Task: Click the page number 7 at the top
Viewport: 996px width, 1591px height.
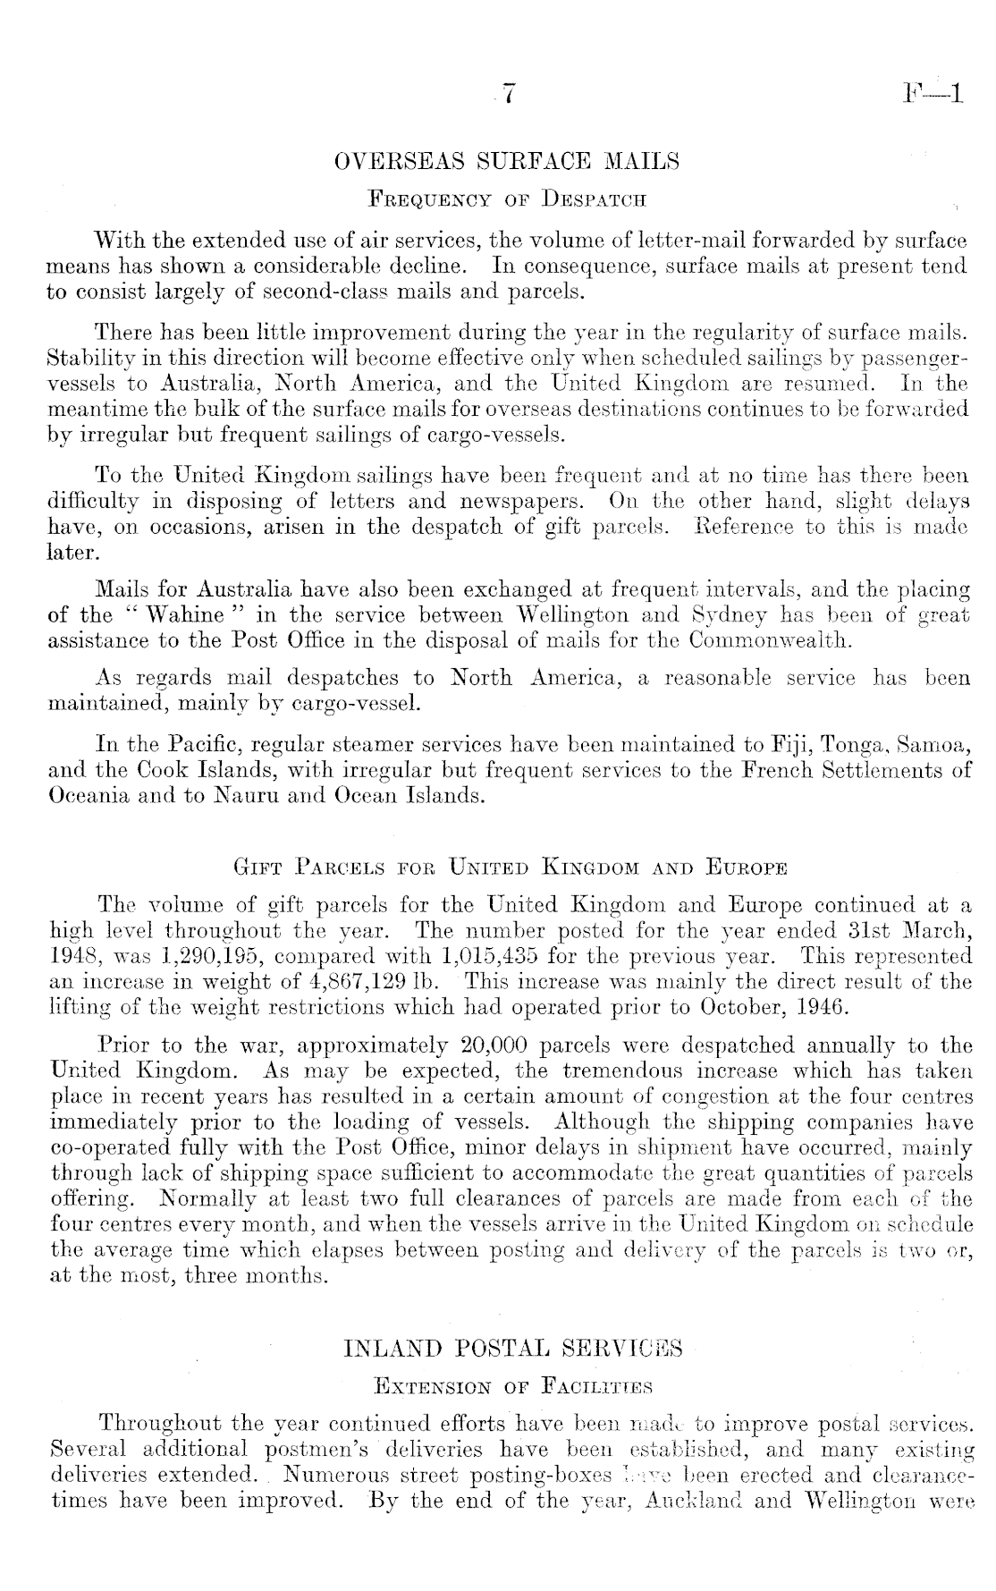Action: [x=509, y=93]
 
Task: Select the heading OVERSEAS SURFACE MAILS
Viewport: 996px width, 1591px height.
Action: [x=506, y=162]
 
